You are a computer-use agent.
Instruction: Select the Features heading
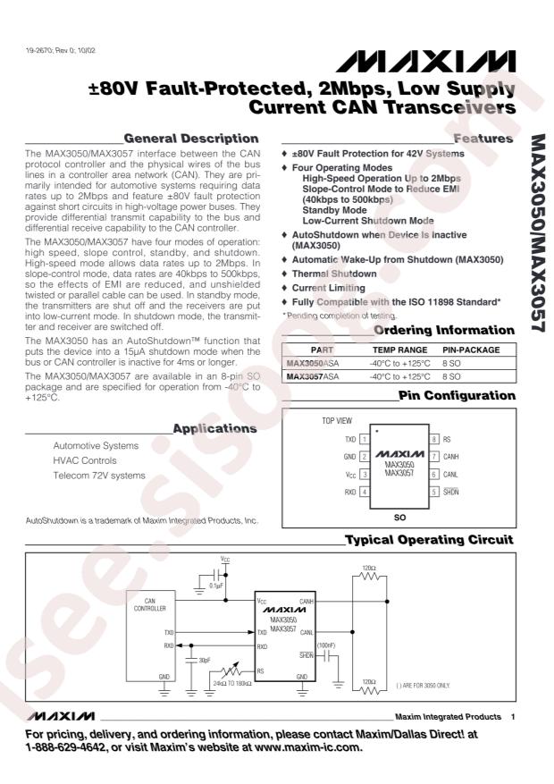483,139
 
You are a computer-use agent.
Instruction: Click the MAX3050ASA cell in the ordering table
314,365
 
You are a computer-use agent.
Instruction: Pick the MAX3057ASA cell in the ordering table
314,378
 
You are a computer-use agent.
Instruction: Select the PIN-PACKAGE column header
471,350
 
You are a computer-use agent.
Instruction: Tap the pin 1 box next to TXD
365,440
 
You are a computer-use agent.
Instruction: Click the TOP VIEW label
338,419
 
